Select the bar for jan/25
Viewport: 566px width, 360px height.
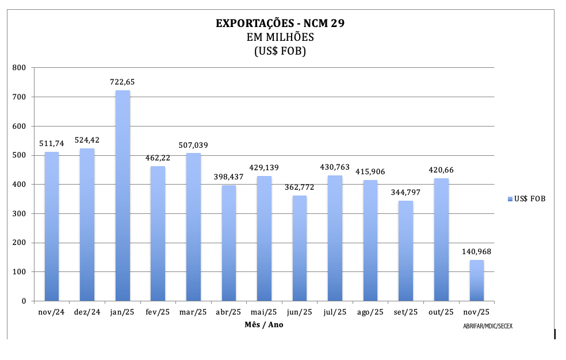tap(123, 196)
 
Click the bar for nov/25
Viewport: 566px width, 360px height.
tap(476, 280)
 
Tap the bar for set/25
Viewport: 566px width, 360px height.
tap(406, 251)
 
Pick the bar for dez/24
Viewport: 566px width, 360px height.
tap(87, 224)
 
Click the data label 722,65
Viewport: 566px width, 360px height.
tap(123, 82)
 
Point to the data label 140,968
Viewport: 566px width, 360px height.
tap(476, 251)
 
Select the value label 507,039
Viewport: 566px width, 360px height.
tap(193, 145)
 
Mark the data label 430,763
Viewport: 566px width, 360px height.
tap(335, 167)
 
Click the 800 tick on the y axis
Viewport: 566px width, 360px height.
tap(20, 68)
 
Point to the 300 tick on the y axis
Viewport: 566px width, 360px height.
tap(20, 214)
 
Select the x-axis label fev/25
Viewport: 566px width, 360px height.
tap(158, 312)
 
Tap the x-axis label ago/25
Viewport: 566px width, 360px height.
tap(370, 312)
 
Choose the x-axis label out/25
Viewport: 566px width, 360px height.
tap(441, 312)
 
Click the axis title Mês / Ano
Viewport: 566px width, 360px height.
tap(264, 325)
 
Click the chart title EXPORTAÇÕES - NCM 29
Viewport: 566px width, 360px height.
tap(280, 24)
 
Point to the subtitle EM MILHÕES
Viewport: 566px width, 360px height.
tap(280, 37)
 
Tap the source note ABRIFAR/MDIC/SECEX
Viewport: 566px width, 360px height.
tap(487, 326)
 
